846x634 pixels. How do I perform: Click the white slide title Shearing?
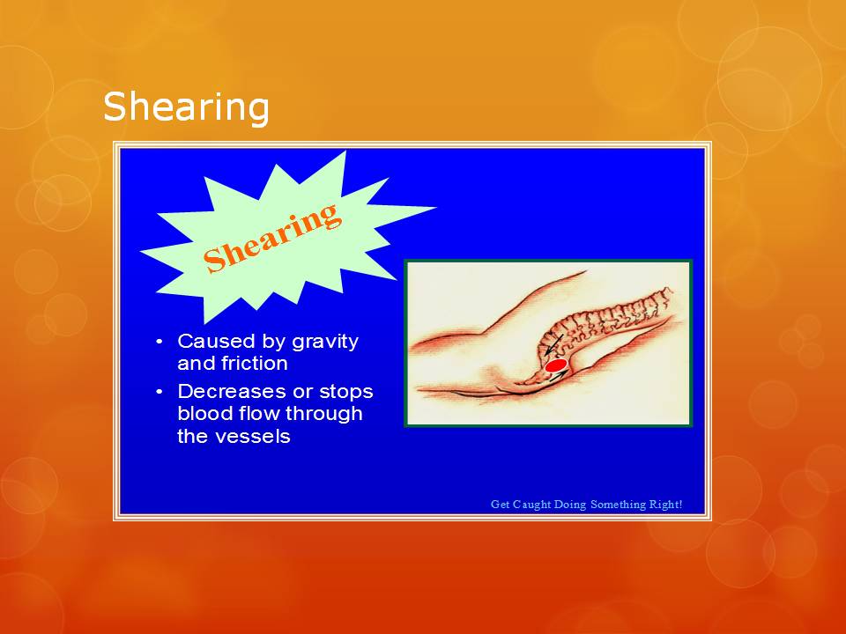(185, 107)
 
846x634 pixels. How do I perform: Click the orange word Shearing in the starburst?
(271, 236)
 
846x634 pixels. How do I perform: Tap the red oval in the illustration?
(555, 365)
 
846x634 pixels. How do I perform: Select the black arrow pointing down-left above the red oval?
(553, 345)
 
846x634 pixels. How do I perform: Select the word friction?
(255, 363)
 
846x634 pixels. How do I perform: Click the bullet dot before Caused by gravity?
(159, 342)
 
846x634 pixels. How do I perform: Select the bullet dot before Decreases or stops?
(159, 391)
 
